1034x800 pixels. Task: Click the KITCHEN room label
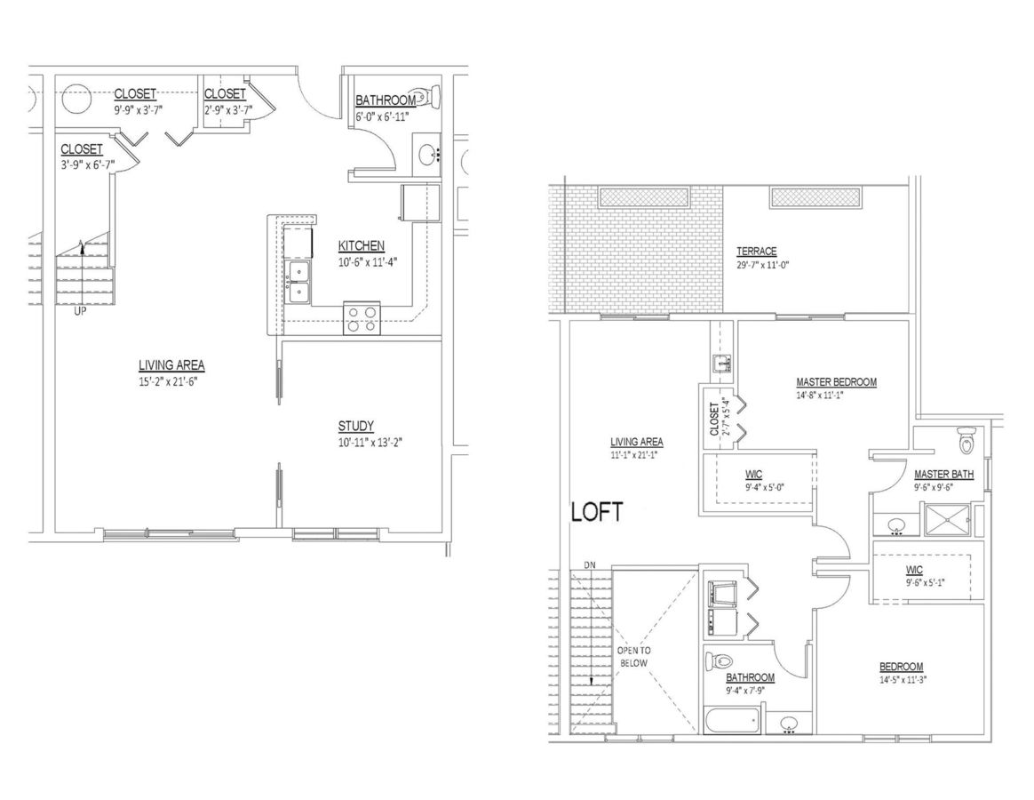pyautogui.click(x=362, y=246)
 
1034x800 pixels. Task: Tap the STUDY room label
pyautogui.click(x=356, y=427)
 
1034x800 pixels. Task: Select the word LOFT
pyautogui.click(x=597, y=513)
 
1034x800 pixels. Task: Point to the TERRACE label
pyautogui.click(x=756, y=252)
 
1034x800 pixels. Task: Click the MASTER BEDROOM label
pyautogui.click(x=836, y=382)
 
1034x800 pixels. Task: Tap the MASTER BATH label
pyautogui.click(x=943, y=475)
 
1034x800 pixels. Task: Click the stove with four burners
pyautogui.click(x=362, y=318)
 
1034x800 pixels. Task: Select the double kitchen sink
pyautogui.click(x=298, y=283)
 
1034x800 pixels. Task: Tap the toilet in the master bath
pyautogui.click(x=966, y=440)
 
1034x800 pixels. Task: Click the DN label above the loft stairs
pyautogui.click(x=590, y=565)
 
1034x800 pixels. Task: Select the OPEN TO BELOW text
pyautogui.click(x=633, y=657)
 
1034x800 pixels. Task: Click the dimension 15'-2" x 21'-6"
pyautogui.click(x=168, y=381)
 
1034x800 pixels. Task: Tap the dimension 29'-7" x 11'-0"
pyautogui.click(x=763, y=265)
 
